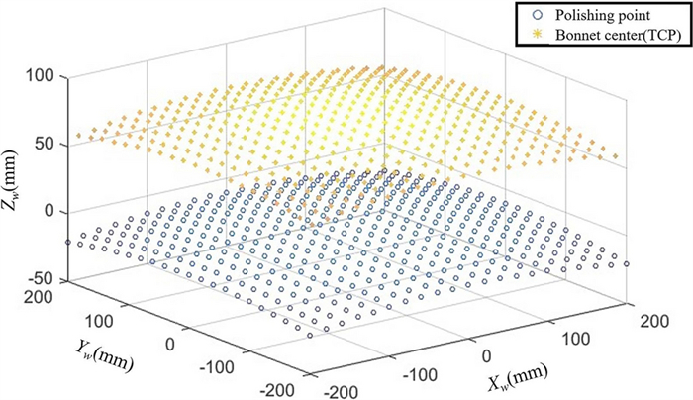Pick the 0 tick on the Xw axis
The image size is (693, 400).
pyautogui.click(x=485, y=355)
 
